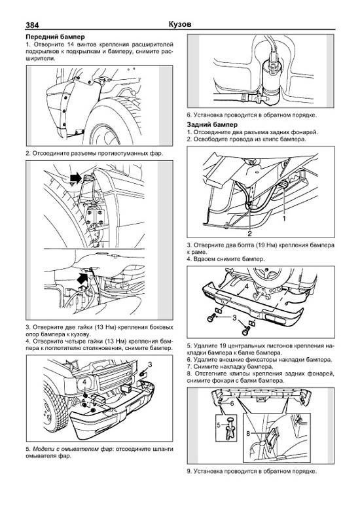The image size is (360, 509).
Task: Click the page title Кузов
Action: click(x=180, y=24)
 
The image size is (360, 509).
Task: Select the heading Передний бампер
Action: click(x=55, y=37)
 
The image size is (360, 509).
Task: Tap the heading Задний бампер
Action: click(x=212, y=125)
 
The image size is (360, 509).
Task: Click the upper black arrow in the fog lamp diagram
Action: click(x=75, y=177)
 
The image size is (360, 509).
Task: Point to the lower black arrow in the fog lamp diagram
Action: click(x=82, y=279)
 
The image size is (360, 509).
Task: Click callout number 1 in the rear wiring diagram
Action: click(x=284, y=219)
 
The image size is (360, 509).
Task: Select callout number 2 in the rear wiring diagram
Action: click(x=250, y=233)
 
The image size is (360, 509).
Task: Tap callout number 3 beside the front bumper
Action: click(x=150, y=365)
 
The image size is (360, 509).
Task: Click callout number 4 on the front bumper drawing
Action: click(x=84, y=383)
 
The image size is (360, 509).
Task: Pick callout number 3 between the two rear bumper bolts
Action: click(x=234, y=318)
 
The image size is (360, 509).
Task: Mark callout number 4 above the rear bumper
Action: click(x=246, y=287)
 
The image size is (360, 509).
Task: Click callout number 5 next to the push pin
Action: click(x=219, y=425)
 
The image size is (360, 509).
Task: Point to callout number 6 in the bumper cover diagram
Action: click(x=232, y=404)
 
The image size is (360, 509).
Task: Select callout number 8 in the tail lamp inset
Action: click(x=248, y=433)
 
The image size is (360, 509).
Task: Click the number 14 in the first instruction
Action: click(x=71, y=44)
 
